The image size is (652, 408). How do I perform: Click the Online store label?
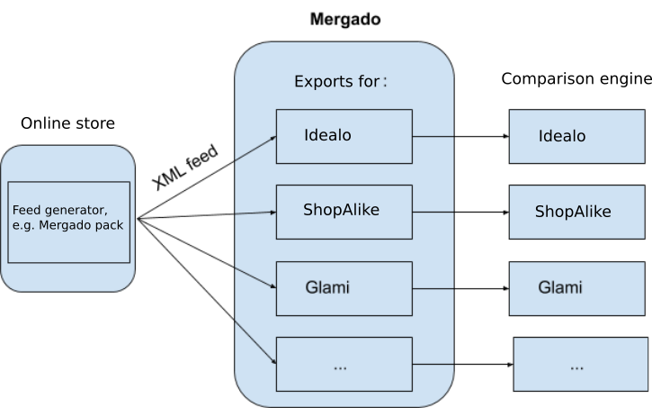(64, 123)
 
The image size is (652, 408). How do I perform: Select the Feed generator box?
(68, 222)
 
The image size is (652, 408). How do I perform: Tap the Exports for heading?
(340, 81)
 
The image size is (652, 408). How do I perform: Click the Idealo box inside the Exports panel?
(344, 136)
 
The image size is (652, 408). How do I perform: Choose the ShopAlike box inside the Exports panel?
(344, 212)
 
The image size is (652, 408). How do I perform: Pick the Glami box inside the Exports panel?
(344, 288)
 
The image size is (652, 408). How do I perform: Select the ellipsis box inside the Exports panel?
(344, 365)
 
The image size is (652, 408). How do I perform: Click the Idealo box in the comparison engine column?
(576, 136)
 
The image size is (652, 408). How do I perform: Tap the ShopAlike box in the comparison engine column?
(576, 212)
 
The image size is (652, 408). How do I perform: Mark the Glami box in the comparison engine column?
(576, 288)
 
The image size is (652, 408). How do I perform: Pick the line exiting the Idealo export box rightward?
(433, 137)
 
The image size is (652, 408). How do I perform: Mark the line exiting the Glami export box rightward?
(433, 289)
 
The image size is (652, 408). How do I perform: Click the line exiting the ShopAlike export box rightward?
(433, 213)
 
